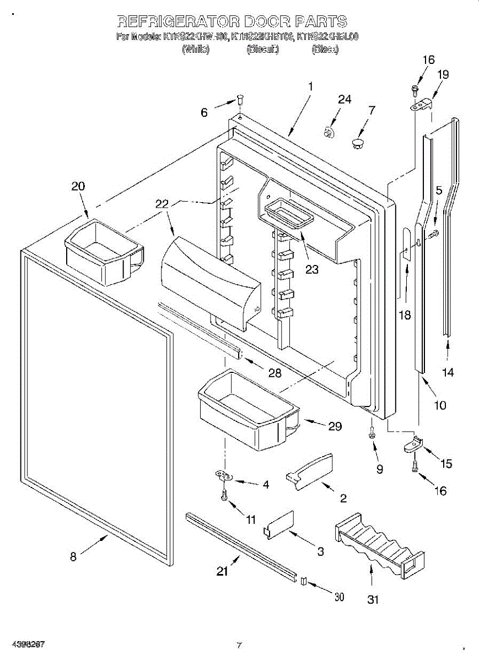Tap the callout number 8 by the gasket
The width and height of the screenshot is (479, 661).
coord(73,556)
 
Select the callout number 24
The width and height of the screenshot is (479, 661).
coord(345,100)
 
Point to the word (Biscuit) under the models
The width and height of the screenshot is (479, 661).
coord(263,50)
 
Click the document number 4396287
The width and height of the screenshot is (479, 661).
coord(23,644)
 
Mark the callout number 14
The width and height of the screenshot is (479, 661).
coord(448,372)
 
